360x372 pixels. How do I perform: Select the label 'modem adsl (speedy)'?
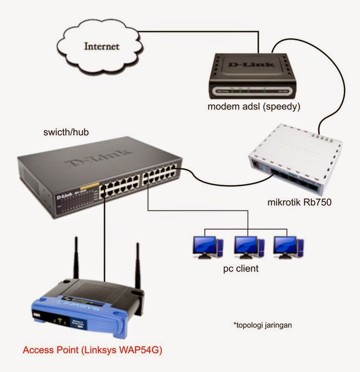254,107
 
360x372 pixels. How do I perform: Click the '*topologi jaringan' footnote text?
262,325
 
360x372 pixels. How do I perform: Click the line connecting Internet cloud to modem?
200,32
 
